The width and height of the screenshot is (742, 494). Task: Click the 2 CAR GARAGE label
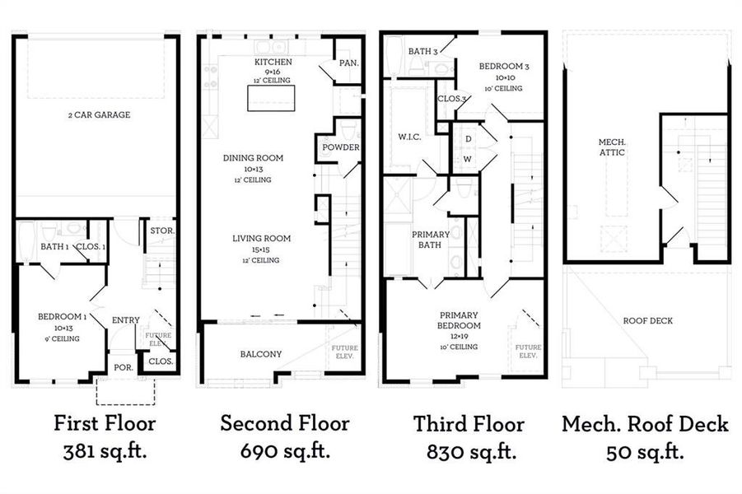pos(99,115)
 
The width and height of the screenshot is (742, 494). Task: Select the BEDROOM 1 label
pos(62,316)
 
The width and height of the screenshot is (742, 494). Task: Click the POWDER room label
pos(341,147)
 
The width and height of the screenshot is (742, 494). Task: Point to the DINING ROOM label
pos(253,158)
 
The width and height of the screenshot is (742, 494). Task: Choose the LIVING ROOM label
pos(261,239)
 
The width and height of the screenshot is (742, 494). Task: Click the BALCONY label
pos(261,354)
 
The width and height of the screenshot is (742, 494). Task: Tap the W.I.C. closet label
pos(409,137)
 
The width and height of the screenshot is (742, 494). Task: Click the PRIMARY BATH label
pos(431,240)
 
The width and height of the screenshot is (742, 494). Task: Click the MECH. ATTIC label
pos(612,147)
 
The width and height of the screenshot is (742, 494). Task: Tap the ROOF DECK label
pos(647,321)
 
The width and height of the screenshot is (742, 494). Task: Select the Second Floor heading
pos(284,423)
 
